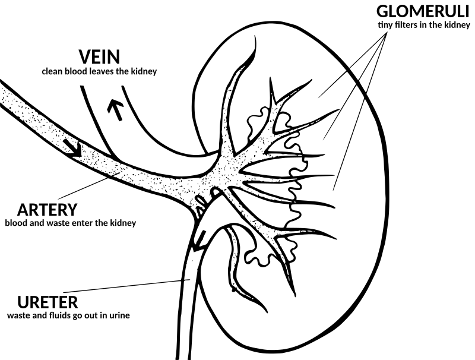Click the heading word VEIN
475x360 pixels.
99,58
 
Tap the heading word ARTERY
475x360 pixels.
47,210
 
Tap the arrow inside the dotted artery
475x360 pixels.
73,149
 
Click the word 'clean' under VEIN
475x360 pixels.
53,72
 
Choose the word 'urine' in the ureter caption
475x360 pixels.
119,315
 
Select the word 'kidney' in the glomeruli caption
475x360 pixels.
458,26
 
